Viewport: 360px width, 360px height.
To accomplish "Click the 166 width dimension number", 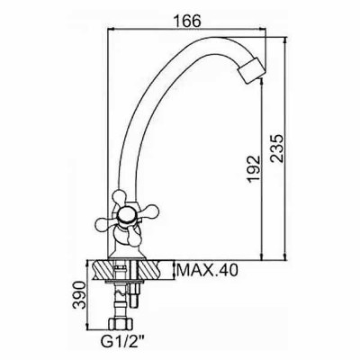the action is tap(186, 21).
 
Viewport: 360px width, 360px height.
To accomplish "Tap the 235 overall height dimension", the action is tap(277, 148).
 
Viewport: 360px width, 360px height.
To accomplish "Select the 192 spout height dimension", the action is tap(254, 168).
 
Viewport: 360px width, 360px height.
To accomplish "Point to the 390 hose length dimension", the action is tap(79, 295).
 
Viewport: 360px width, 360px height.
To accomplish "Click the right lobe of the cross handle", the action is tap(148, 210).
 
